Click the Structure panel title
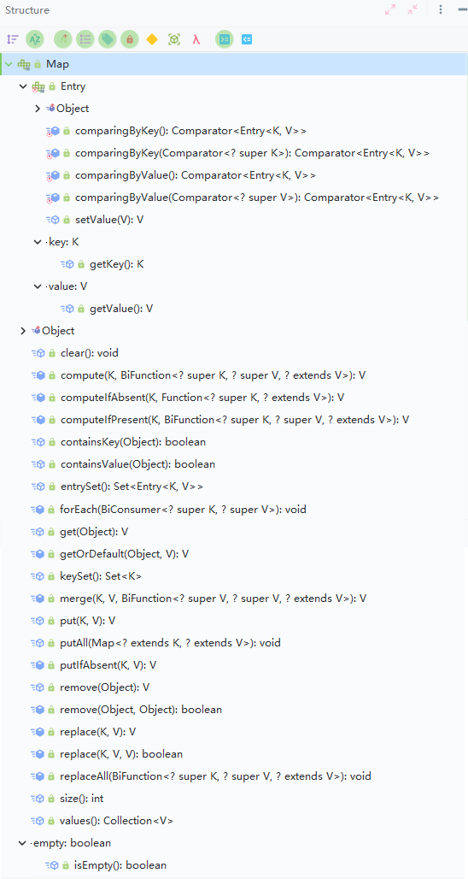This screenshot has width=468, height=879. click(x=26, y=10)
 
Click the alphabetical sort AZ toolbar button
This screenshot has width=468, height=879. click(x=34, y=39)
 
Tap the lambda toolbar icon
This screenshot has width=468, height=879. click(x=196, y=39)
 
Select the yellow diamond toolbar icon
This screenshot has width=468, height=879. click(x=152, y=39)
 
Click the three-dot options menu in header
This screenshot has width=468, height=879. click(x=441, y=9)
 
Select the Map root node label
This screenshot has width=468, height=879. click(x=58, y=64)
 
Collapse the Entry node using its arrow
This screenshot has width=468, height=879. click(x=23, y=86)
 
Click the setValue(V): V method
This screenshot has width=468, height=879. click(x=109, y=220)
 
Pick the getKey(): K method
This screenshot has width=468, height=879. click(x=116, y=264)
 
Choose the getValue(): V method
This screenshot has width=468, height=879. click(x=121, y=309)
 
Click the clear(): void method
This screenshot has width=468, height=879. click(x=90, y=353)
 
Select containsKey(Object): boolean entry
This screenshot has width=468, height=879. click(x=133, y=442)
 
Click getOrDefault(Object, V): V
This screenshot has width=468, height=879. click(x=125, y=554)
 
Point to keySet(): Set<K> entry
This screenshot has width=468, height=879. click(x=103, y=575)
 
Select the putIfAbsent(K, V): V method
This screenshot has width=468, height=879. click(x=108, y=665)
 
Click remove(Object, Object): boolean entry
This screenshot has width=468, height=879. click(x=141, y=710)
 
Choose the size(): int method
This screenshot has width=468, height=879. click(x=82, y=799)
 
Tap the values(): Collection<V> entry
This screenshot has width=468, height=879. click(x=116, y=821)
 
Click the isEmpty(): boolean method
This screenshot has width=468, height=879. click(x=120, y=865)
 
